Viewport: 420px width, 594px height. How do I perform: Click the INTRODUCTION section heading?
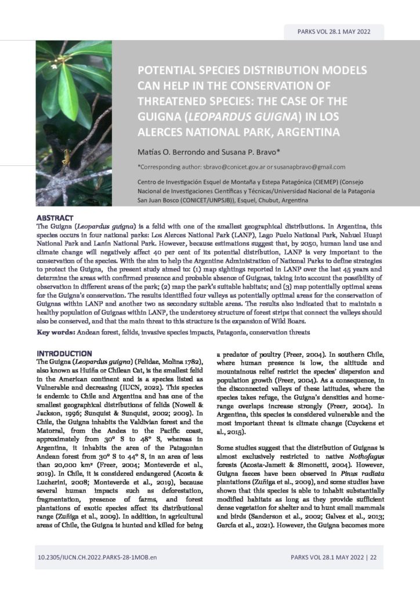(64, 353)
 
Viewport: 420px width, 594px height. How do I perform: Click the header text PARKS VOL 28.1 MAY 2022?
(333, 32)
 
